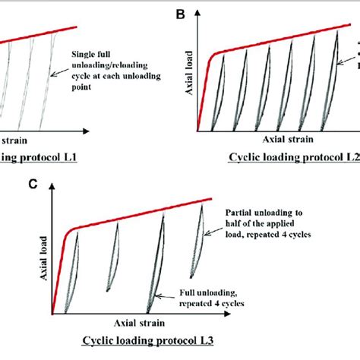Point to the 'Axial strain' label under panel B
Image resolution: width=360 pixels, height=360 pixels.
coord(286,141)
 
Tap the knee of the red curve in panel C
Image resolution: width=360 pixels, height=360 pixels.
coord(69,229)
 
